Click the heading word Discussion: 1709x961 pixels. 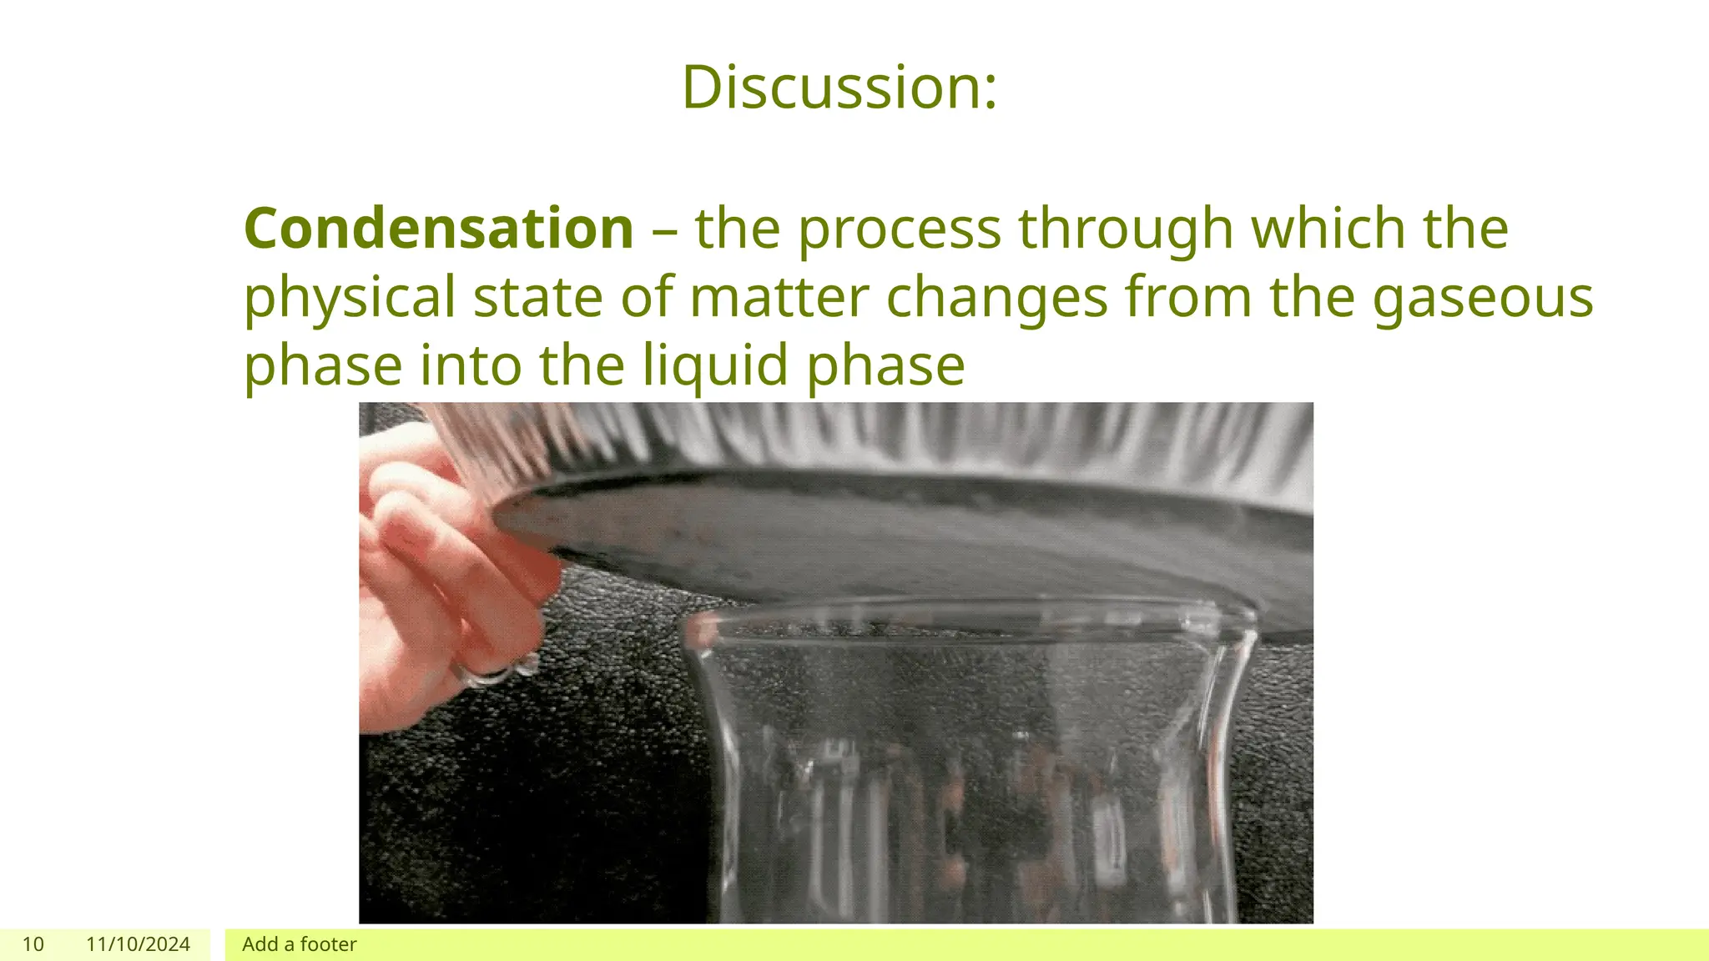(839, 87)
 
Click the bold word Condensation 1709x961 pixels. (439, 228)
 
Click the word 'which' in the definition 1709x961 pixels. (1328, 228)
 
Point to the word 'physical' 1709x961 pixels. (349, 298)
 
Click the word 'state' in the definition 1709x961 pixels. (537, 298)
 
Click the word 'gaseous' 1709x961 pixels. (1483, 298)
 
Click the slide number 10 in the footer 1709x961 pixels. (33, 944)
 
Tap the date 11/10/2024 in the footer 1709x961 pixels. (138, 944)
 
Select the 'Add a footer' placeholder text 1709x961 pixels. (299, 944)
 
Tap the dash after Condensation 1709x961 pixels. (664, 229)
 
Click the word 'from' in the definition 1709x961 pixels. (1188, 298)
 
